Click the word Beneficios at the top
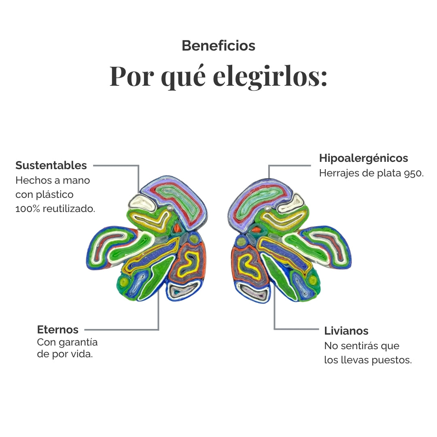pos(218,46)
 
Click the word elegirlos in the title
pos(270,76)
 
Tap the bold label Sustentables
pos(51,165)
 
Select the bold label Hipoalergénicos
pos(363,158)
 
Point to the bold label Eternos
pos(58,330)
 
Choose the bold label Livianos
pos(346,331)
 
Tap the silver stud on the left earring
pos(171,208)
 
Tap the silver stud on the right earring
pos(267,208)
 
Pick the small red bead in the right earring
pos(256,230)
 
